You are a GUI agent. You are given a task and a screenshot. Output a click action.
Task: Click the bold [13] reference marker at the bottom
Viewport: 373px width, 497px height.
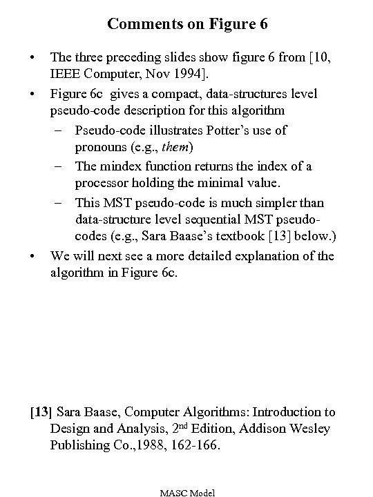41,412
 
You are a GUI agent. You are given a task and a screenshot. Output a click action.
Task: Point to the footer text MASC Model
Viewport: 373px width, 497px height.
187,492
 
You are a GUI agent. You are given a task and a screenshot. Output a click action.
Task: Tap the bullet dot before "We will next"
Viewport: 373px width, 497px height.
32,256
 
